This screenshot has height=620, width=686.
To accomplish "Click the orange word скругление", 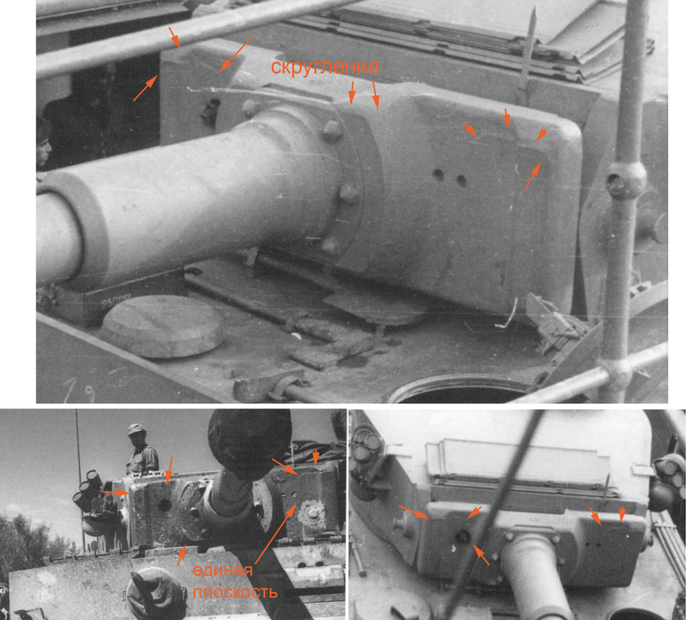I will click(325, 67).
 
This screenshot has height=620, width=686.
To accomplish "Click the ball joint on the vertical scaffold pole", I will click(625, 180).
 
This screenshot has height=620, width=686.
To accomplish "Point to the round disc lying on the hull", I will click(161, 325).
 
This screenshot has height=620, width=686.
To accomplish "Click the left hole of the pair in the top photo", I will click(438, 176).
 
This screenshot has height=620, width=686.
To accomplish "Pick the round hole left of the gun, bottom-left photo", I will click(164, 505).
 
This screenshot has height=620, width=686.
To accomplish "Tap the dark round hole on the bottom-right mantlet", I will click(463, 536).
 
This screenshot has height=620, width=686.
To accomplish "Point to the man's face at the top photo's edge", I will click(43, 147).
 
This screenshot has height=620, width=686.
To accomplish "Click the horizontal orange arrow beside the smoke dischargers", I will click(116, 492).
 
